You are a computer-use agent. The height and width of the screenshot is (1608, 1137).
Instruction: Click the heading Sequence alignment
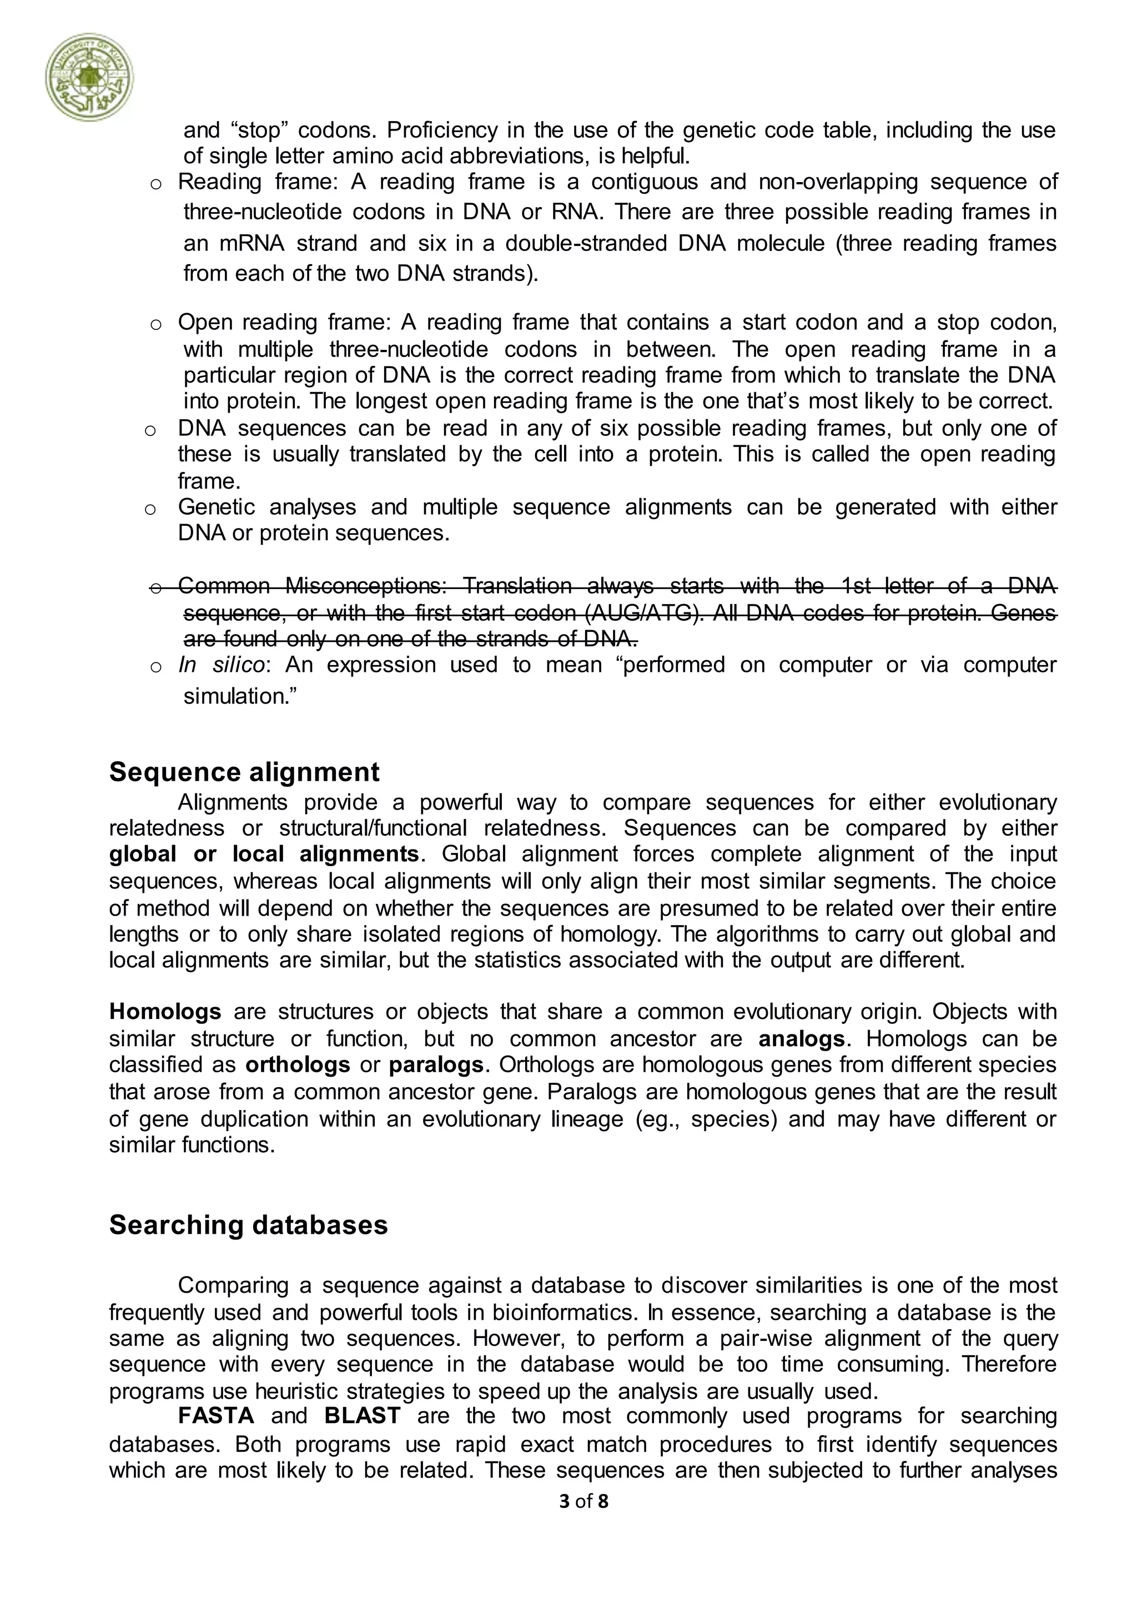point(244,772)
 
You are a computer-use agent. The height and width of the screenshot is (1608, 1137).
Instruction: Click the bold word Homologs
point(165,1011)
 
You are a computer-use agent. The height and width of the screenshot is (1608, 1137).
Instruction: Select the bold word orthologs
point(298,1064)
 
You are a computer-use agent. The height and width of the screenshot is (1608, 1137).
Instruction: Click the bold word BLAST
point(362,1415)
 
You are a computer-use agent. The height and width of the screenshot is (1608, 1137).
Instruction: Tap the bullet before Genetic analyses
point(150,509)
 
